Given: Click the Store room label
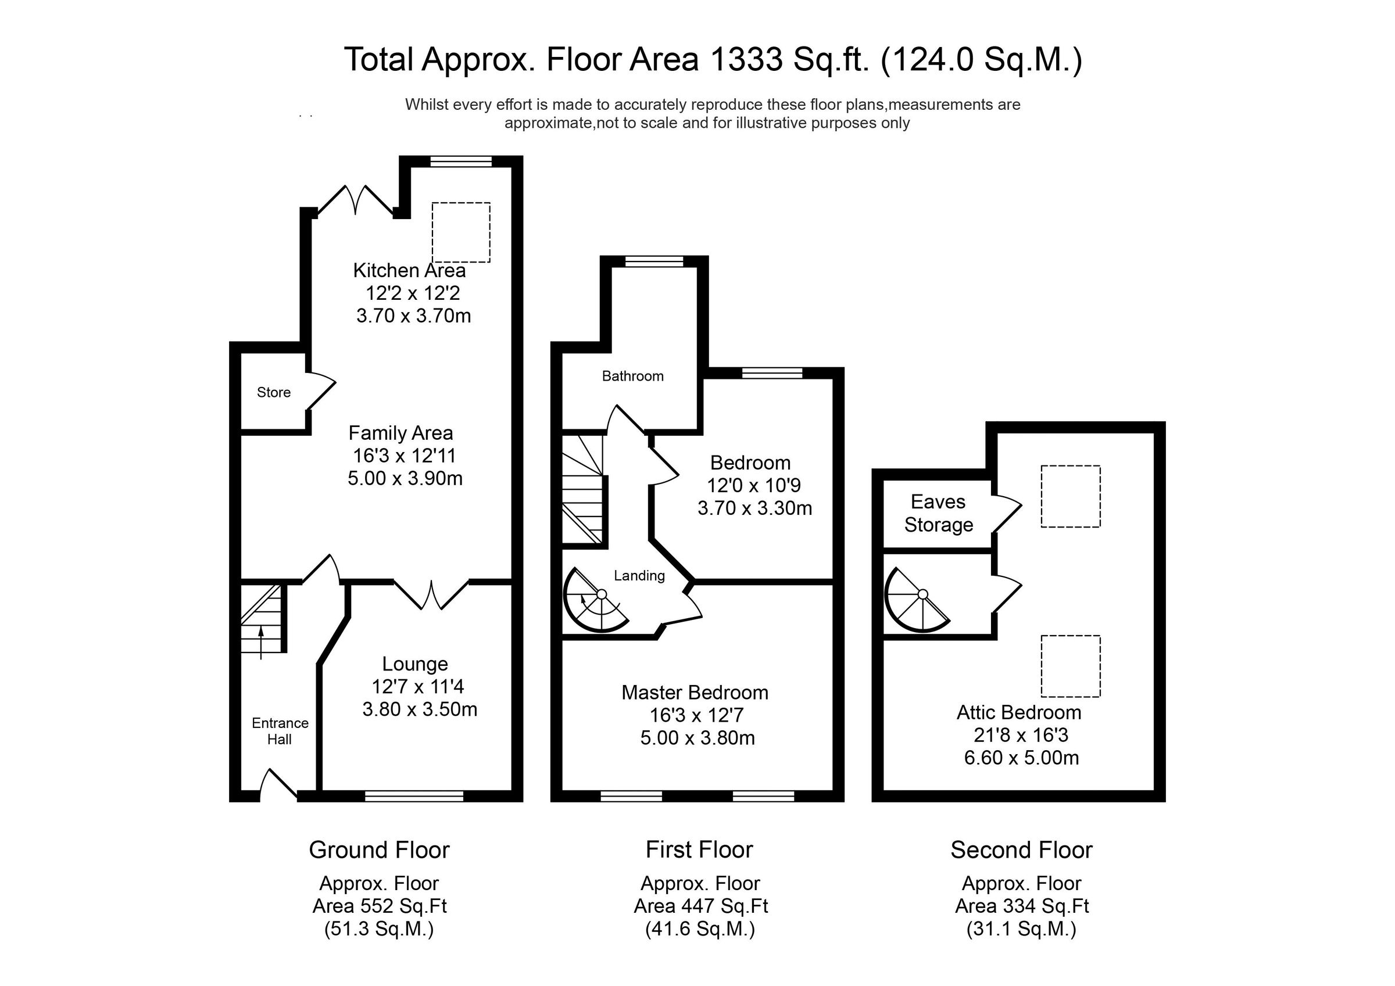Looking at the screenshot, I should pyautogui.click(x=273, y=392).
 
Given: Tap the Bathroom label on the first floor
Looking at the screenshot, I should pyautogui.click(x=632, y=376).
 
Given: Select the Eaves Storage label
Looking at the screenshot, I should pyautogui.click(x=938, y=514).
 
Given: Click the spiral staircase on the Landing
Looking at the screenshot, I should pyautogui.click(x=596, y=600).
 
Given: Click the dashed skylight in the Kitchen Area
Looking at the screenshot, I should pyautogui.click(x=461, y=232).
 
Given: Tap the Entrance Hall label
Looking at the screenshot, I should pyautogui.click(x=280, y=731).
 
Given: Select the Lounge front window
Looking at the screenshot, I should pyautogui.click(x=414, y=796).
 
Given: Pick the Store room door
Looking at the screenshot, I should pyautogui.click(x=321, y=391).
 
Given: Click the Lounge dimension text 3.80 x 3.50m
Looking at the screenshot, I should pyautogui.click(x=420, y=709).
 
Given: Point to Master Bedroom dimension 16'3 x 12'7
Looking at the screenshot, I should pyautogui.click(x=697, y=715).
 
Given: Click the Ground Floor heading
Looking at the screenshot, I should pyautogui.click(x=379, y=850).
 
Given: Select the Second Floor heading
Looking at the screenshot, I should pyautogui.click(x=1021, y=850).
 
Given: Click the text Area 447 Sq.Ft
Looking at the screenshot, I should pyautogui.click(x=700, y=906).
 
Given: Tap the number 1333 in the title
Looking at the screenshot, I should pyautogui.click(x=746, y=59).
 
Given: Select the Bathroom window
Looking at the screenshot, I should pyautogui.click(x=654, y=262).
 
